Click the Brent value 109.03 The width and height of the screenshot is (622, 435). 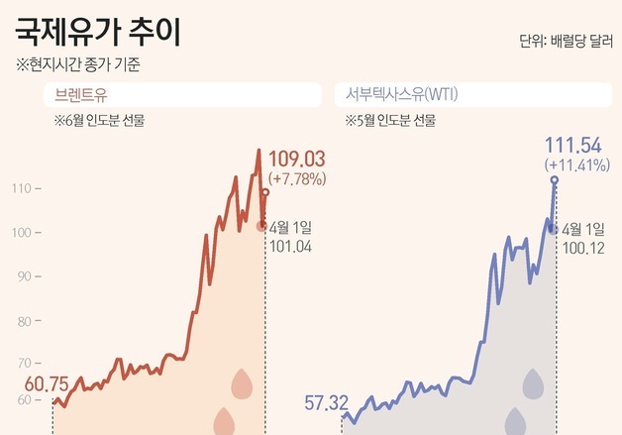(x=296, y=160)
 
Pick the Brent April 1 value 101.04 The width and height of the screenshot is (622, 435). (x=290, y=247)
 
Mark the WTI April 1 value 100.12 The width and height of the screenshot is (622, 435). (x=583, y=248)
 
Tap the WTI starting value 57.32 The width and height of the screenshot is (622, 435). (x=326, y=402)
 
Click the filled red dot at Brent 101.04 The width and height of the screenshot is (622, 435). (x=261, y=226)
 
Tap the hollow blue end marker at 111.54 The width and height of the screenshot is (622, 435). (x=555, y=180)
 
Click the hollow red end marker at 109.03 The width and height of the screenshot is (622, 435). (x=265, y=193)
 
